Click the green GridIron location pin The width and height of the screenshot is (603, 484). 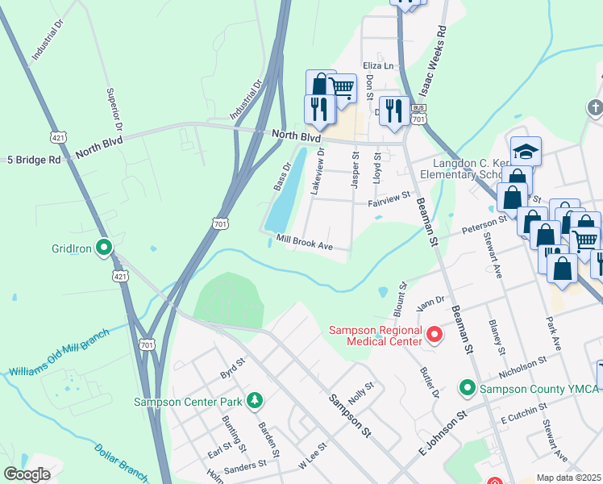point(104,248)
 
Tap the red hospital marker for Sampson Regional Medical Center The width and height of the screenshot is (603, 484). point(435,333)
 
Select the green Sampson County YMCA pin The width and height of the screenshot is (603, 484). point(467,389)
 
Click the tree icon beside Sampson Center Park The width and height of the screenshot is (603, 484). point(255,399)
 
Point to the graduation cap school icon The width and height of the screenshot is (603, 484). point(526,152)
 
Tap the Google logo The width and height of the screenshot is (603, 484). point(27,474)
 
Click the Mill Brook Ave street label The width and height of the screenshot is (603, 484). point(304,241)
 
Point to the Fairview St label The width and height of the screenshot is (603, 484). point(389,196)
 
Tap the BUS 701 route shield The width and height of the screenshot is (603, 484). point(418,114)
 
